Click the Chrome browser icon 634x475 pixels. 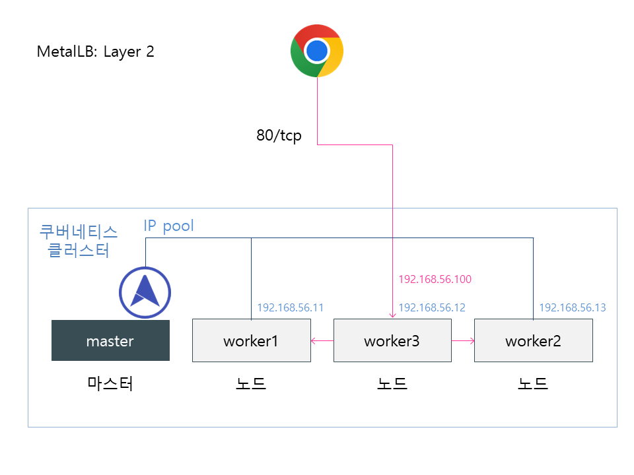click(x=317, y=51)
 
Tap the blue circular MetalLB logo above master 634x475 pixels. click(x=145, y=292)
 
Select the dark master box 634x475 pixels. click(x=110, y=341)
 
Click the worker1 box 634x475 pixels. click(x=251, y=341)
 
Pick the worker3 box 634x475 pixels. click(x=392, y=341)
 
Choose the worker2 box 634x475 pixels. click(x=533, y=341)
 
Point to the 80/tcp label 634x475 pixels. click(x=279, y=136)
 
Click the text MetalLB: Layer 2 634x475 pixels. click(x=96, y=52)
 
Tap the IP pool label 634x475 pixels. click(x=169, y=226)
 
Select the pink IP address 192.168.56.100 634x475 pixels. click(x=435, y=279)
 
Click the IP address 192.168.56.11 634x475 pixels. click(x=290, y=307)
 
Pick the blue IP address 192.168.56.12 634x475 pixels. click(x=431, y=307)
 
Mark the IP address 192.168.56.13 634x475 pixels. click(x=572, y=307)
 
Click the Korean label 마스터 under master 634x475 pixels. click(x=110, y=383)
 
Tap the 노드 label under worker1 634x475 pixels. click(x=251, y=383)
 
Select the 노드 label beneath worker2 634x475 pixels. click(x=533, y=383)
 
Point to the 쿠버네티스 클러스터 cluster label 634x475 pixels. click(x=79, y=241)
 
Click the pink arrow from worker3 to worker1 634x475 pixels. click(x=322, y=341)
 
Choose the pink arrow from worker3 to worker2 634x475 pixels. click(x=463, y=341)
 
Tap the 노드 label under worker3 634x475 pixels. click(x=392, y=383)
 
